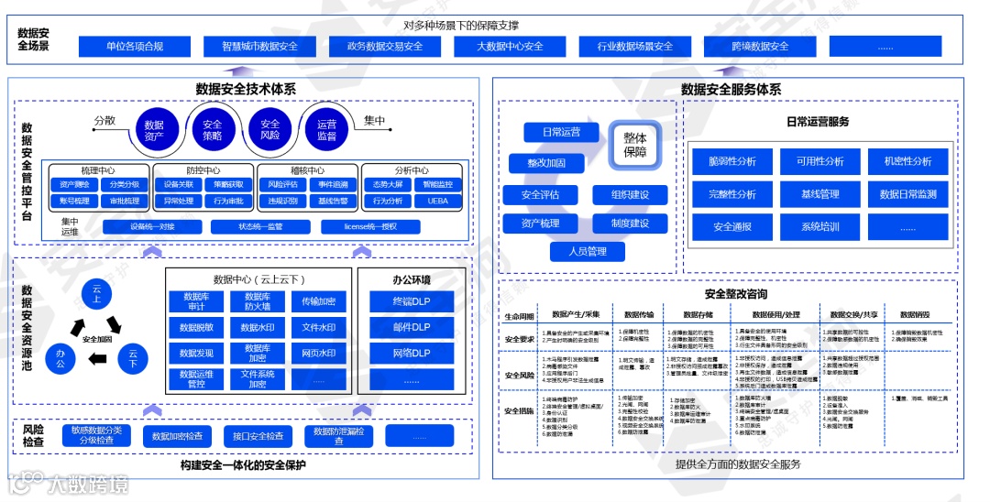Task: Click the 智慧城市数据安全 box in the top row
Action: pyautogui.click(x=259, y=47)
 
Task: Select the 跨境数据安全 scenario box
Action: pyautogui.click(x=760, y=47)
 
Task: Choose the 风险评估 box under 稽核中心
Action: pyautogui.click(x=282, y=184)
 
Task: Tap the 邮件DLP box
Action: pyautogui.click(x=411, y=327)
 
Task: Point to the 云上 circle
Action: pyautogui.click(x=96, y=293)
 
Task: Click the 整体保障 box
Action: pyautogui.click(x=635, y=144)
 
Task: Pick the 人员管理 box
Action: pyautogui.click(x=585, y=251)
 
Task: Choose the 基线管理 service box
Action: pyautogui.click(x=820, y=194)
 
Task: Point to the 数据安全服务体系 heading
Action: pyautogui.click(x=731, y=89)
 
